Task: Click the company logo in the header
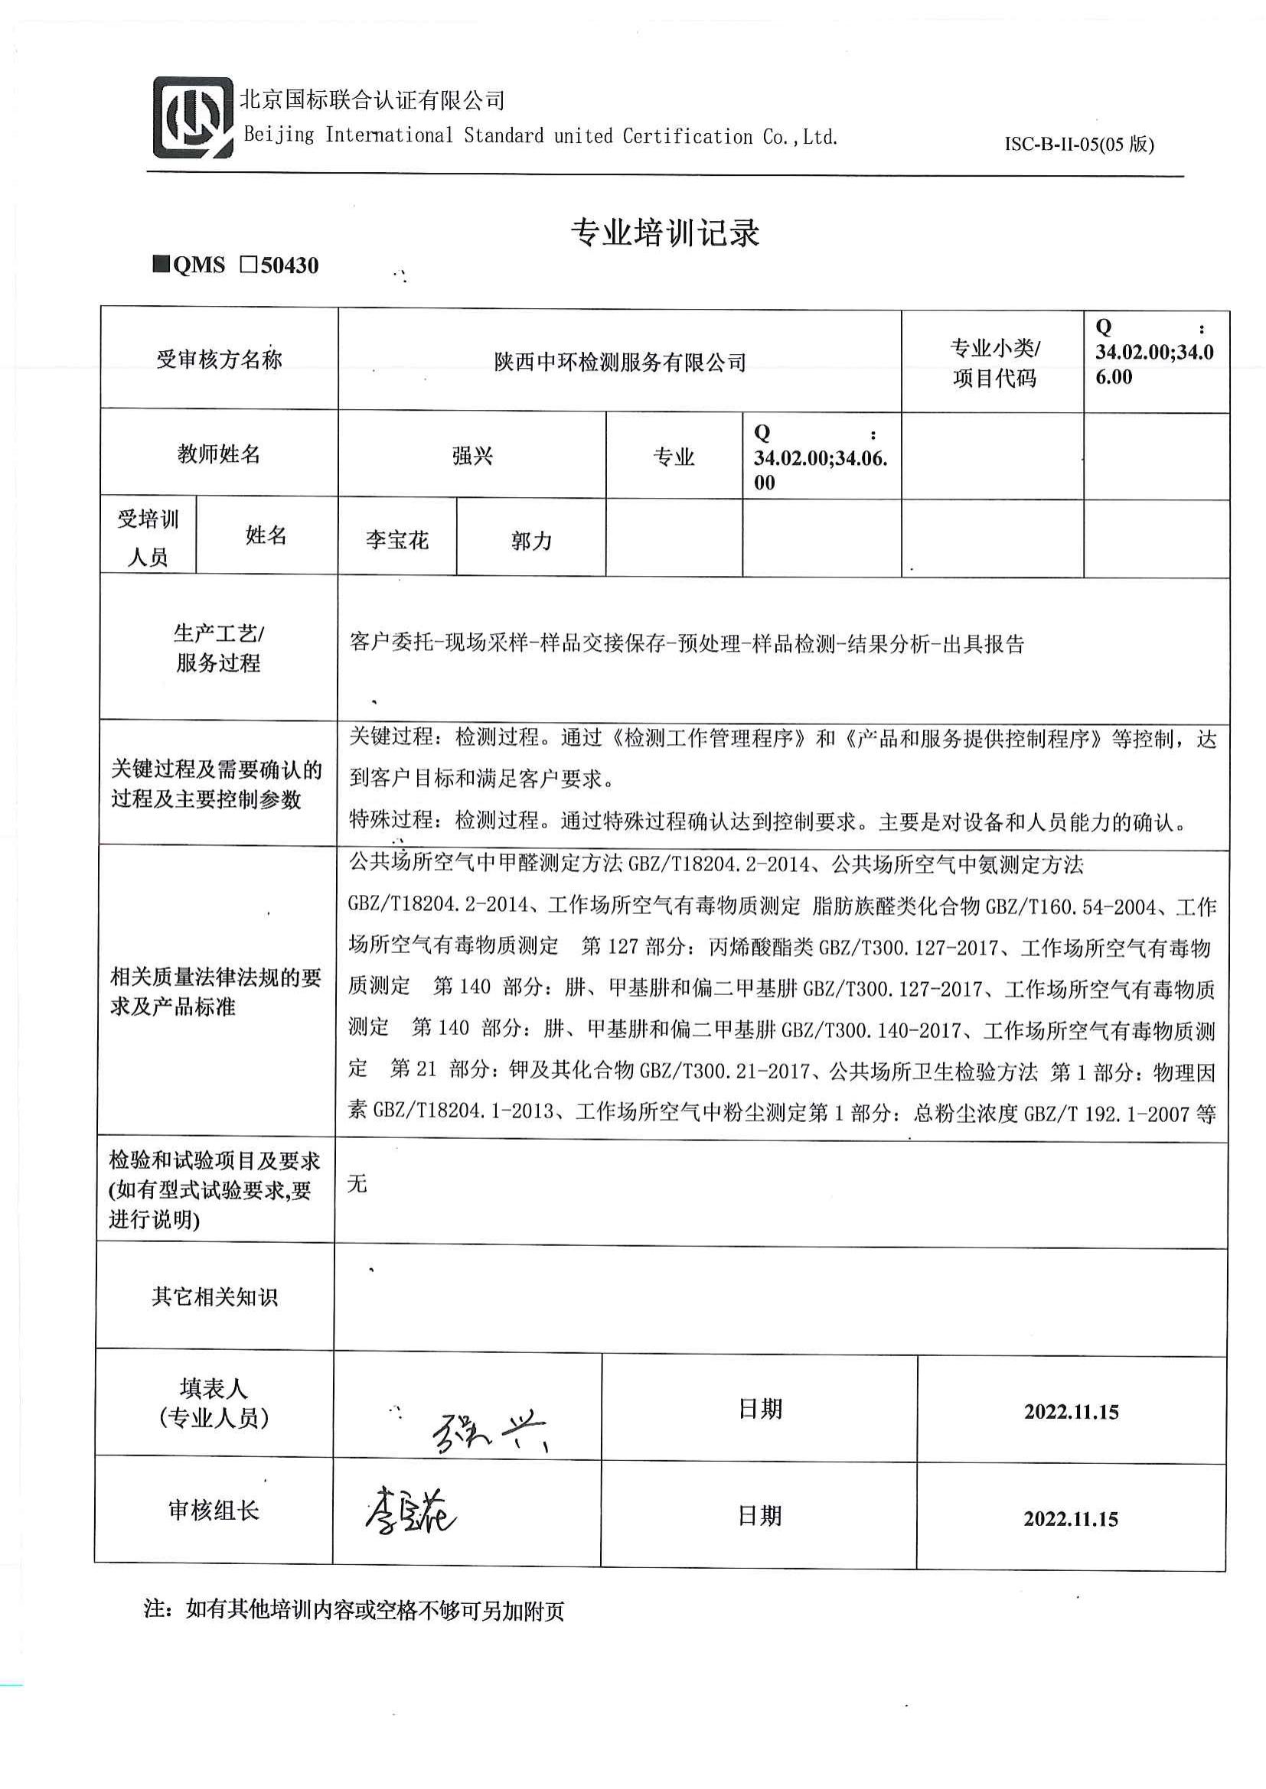pos(193,117)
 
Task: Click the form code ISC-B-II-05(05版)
pos(1079,144)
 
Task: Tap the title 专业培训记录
pos(665,233)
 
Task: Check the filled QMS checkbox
pos(162,265)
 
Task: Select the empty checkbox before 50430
pos(249,265)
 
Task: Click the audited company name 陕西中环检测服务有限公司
pos(620,363)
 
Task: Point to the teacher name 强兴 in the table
pos(472,456)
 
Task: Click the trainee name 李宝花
pos(396,540)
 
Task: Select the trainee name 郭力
pos(532,540)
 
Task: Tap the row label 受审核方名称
pos(219,359)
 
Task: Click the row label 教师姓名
pos(219,454)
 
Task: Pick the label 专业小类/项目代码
pos(994,363)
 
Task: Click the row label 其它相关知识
pos(215,1296)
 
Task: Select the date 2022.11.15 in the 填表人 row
pos(1071,1412)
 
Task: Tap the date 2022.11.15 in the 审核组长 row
pos(1070,1519)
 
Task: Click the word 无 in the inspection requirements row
pos(357,1184)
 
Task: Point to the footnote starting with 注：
pos(354,1610)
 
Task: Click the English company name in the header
pos(541,136)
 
